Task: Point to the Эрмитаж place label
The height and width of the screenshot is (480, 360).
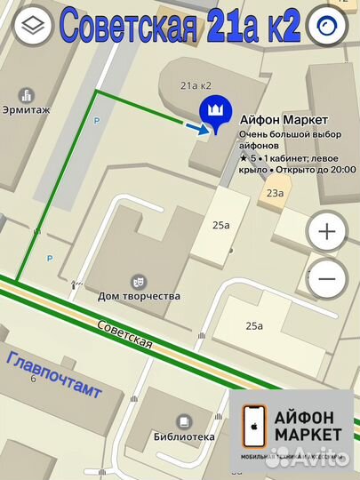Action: [29, 111]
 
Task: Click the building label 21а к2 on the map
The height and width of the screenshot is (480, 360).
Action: [196, 85]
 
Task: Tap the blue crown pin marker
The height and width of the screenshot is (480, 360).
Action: [214, 112]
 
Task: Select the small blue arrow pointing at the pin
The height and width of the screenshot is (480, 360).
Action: [193, 128]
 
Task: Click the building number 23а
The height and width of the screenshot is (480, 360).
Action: [274, 192]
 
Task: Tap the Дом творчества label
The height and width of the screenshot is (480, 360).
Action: [140, 296]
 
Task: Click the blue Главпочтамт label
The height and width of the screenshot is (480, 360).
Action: [53, 374]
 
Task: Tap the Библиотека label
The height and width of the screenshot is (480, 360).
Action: [184, 437]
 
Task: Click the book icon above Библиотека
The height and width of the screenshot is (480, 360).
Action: [183, 421]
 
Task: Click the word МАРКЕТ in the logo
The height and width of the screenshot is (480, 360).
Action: [308, 434]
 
